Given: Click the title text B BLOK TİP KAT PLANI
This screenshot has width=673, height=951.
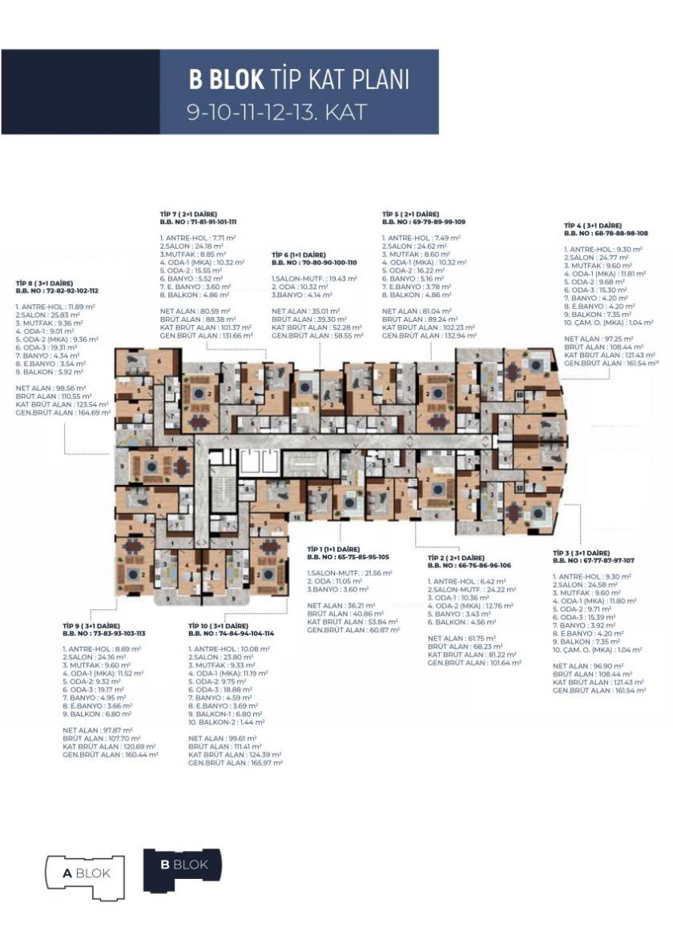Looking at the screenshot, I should pyautogui.click(x=298, y=79).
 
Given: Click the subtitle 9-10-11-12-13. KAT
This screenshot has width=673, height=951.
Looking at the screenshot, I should pyautogui.click(x=276, y=111).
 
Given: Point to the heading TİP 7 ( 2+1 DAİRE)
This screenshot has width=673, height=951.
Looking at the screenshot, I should pyautogui.click(x=193, y=214).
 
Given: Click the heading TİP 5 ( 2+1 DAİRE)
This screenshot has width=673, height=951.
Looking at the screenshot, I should pyautogui.click(x=411, y=215).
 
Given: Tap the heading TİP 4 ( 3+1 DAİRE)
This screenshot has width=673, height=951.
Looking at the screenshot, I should pyautogui.click(x=594, y=226).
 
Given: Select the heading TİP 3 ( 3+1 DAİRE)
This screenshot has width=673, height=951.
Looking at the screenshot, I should pyautogui.click(x=582, y=552).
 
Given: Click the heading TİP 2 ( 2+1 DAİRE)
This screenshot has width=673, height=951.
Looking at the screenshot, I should pyautogui.click(x=457, y=557).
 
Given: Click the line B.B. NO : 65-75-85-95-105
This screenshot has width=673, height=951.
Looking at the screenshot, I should pyautogui.click(x=349, y=556).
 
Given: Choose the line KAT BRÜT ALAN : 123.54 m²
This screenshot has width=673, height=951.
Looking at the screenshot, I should pyautogui.click(x=62, y=405).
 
